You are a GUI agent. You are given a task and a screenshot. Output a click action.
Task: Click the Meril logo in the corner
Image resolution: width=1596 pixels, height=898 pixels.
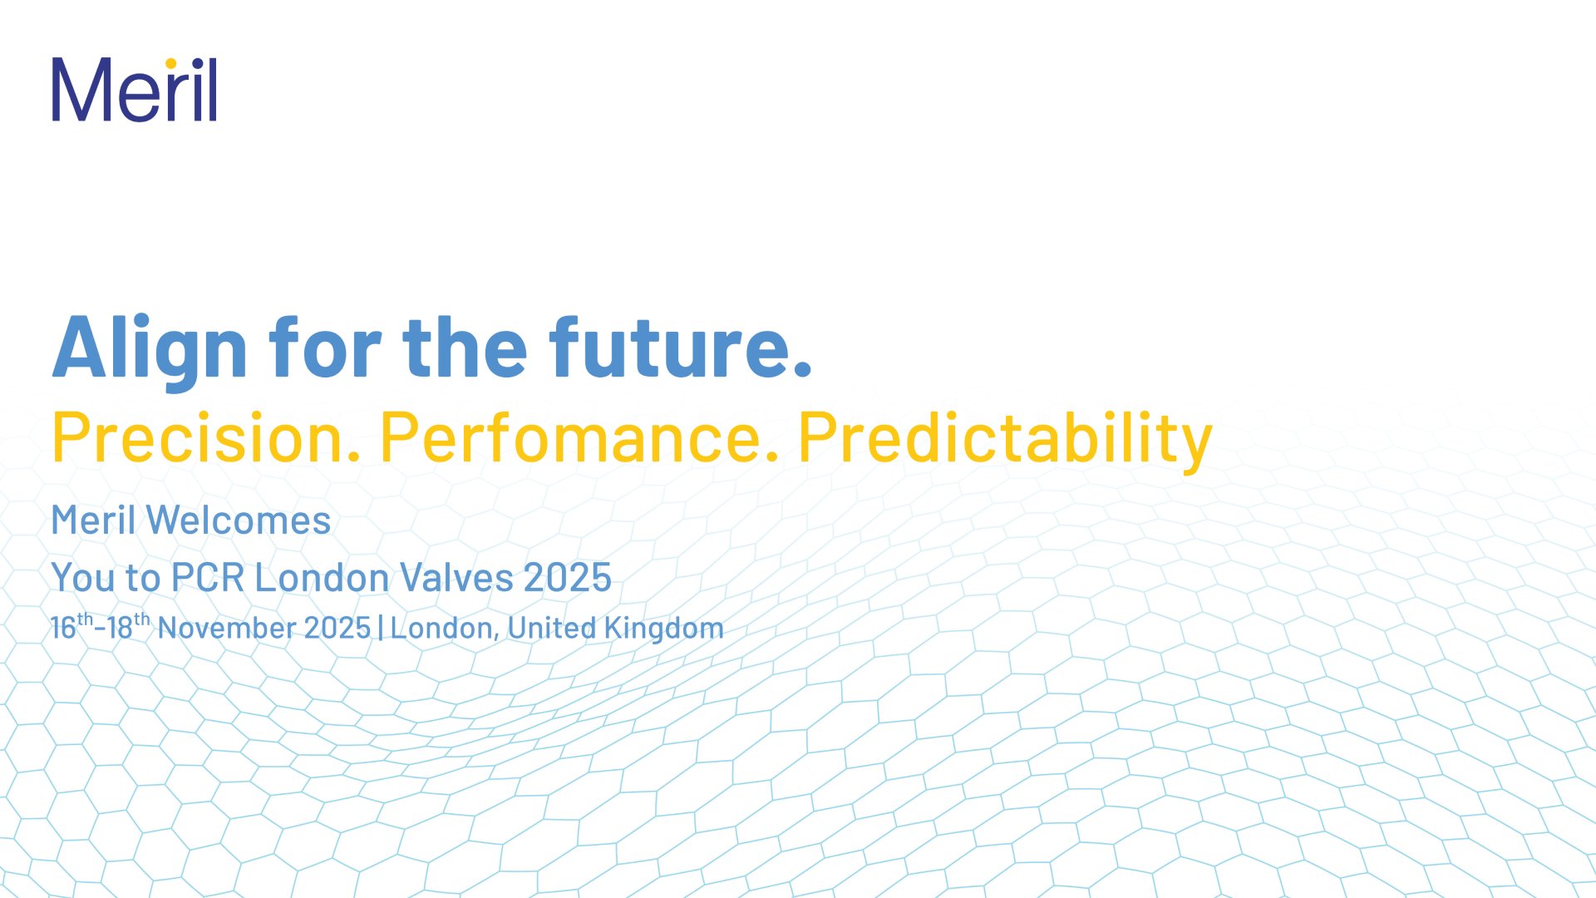click(135, 90)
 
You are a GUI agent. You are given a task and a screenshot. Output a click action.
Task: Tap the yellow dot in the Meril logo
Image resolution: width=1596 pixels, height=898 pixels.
click(171, 63)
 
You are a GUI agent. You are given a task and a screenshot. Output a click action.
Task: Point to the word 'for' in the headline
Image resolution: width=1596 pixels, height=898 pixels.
click(325, 347)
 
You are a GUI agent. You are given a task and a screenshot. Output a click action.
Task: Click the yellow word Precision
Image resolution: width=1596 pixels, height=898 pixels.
click(205, 437)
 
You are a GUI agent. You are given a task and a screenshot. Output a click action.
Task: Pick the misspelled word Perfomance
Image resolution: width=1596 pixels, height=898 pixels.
click(579, 437)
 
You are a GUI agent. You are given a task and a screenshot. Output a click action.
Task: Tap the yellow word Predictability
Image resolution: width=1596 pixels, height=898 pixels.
click(1005, 441)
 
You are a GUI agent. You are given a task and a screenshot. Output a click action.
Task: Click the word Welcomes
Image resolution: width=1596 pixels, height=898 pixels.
click(239, 521)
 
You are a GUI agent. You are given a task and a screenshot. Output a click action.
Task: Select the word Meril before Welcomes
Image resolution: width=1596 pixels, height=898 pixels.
click(93, 521)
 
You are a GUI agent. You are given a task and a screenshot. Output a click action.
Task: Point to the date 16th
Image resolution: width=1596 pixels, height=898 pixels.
click(72, 625)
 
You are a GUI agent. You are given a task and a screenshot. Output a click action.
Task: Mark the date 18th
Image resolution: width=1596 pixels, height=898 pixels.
click(129, 625)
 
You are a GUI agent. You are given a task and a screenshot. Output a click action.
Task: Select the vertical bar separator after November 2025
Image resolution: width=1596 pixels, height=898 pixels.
click(381, 628)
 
